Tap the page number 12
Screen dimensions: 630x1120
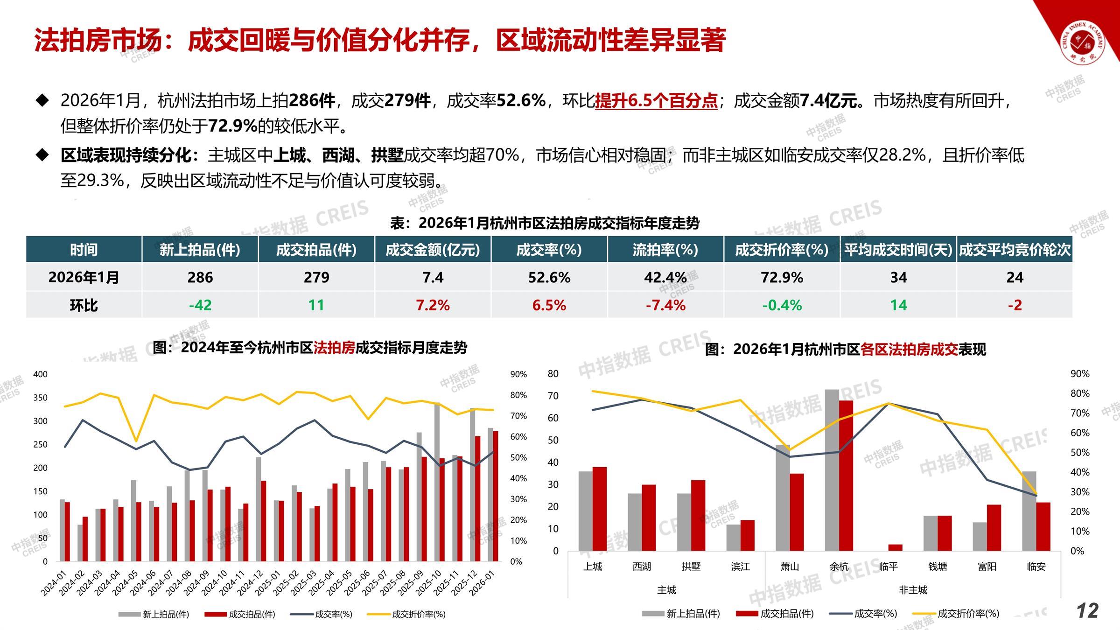point(1087,610)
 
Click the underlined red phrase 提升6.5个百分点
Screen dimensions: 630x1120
point(656,101)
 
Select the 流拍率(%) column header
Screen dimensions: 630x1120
point(665,250)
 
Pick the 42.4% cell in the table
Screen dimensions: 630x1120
point(665,278)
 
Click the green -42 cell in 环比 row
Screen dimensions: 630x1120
point(200,305)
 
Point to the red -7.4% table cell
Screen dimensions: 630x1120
point(665,305)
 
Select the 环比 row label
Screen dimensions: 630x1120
point(84,305)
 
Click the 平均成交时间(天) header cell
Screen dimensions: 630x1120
point(898,250)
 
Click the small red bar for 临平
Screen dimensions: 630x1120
point(895,547)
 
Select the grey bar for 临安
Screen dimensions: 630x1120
point(1029,511)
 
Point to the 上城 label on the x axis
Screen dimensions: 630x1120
point(593,567)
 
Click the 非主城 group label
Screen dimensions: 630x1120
point(913,590)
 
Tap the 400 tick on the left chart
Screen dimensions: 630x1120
point(41,374)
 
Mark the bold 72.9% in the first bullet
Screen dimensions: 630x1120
point(232,126)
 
